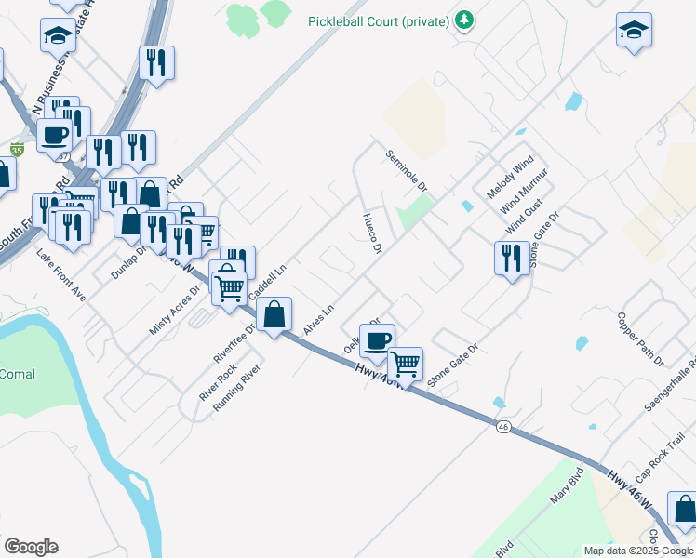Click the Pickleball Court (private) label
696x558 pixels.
click(380, 20)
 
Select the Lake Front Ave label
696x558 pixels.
click(61, 275)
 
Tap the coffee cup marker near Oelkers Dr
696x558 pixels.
click(377, 340)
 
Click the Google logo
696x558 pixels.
click(31, 547)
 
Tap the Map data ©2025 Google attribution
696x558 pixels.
click(639, 551)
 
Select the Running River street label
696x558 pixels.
click(235, 389)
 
